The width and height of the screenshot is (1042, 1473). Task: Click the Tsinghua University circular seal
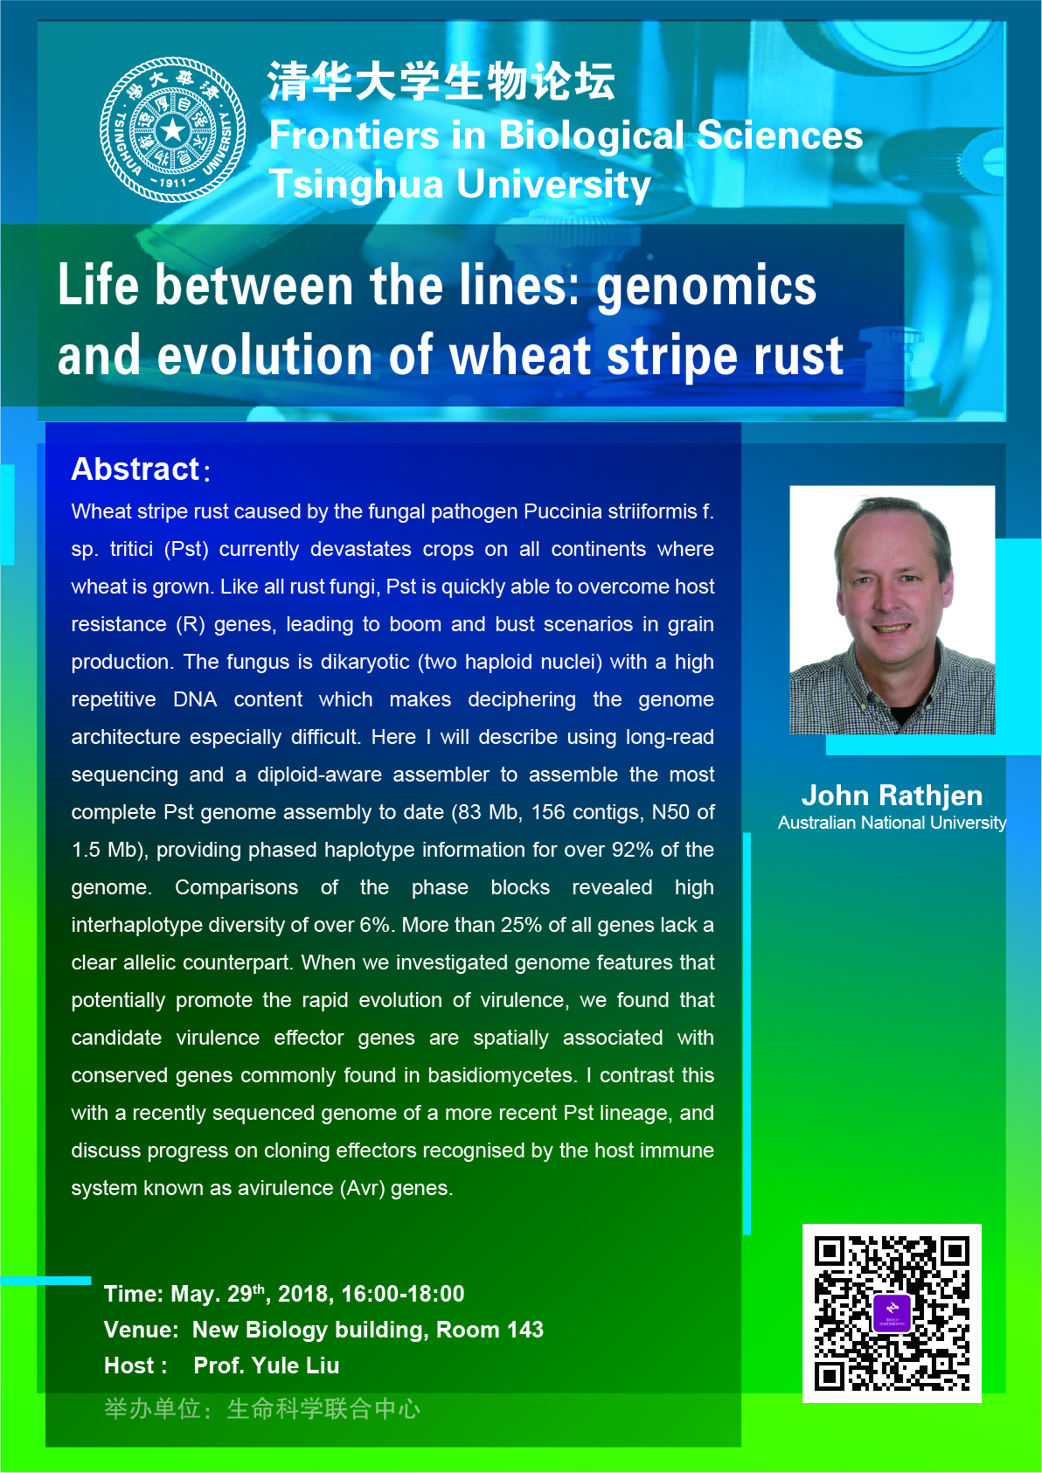point(172,129)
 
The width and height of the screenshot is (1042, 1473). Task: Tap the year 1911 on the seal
point(173,183)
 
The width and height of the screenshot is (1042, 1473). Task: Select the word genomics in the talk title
point(706,287)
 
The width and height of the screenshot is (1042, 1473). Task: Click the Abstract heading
point(135,469)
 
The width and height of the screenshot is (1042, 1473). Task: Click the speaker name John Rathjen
point(893,795)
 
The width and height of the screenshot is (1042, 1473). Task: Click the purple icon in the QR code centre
point(893,1313)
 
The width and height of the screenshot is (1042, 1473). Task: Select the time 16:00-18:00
point(403,1294)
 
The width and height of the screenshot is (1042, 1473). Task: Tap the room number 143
point(524,1329)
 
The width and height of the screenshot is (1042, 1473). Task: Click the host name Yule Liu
point(295,1365)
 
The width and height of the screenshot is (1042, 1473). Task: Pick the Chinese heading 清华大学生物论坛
point(441,81)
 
